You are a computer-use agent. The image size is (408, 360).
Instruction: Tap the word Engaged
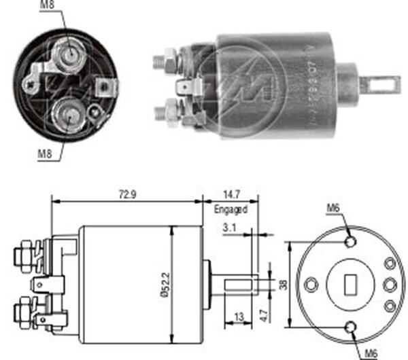pyautogui.click(x=231, y=210)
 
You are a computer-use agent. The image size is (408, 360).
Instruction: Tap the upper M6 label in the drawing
pyautogui.click(x=333, y=209)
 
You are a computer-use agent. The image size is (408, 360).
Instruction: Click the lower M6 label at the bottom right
pyautogui.click(x=371, y=353)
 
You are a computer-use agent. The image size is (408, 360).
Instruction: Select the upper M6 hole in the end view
pyautogui.click(x=351, y=241)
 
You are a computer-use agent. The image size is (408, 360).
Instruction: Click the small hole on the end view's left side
pyautogui.click(x=312, y=285)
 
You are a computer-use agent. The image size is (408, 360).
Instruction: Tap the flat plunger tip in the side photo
pyautogui.click(x=380, y=84)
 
